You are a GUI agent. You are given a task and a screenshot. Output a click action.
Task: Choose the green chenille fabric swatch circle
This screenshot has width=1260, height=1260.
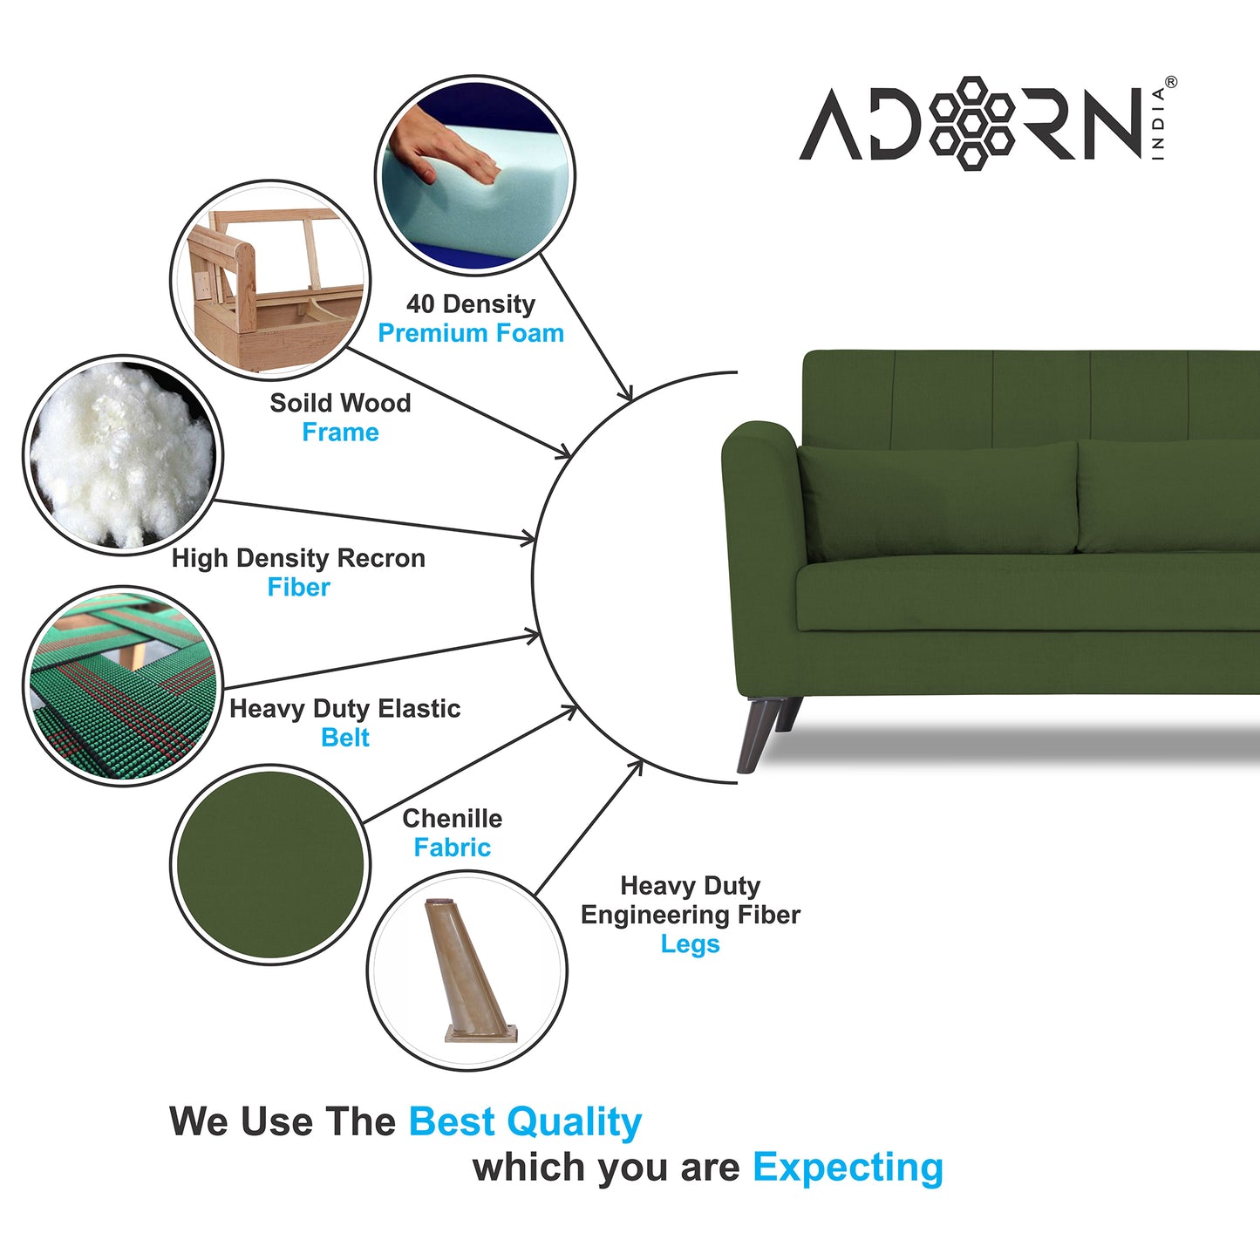[x=270, y=864]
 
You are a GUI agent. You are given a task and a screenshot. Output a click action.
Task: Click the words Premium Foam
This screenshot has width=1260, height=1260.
[x=471, y=333]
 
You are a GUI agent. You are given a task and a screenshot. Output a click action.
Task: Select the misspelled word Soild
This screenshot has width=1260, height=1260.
[x=300, y=403]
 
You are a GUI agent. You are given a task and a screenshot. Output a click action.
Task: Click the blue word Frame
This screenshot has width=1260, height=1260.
[x=340, y=432]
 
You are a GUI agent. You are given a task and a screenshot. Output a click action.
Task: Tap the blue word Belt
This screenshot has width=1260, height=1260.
[x=345, y=738]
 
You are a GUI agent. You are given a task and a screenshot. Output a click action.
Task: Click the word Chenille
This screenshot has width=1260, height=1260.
[x=452, y=819]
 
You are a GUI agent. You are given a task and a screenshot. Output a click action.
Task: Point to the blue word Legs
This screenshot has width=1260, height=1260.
[x=690, y=944]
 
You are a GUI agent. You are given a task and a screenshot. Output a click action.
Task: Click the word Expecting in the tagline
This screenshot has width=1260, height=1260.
[x=848, y=1167]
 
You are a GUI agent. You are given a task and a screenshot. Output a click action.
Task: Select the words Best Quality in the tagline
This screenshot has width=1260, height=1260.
[x=525, y=1121]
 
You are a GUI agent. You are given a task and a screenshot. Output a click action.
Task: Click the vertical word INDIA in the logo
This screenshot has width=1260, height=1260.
[x=1158, y=123]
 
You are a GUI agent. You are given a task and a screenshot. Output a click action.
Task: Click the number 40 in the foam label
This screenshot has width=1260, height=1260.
[x=420, y=304]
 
